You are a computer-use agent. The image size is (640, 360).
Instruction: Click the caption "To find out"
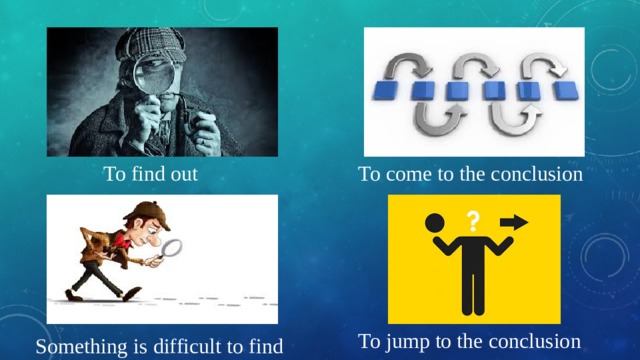[x=151, y=174]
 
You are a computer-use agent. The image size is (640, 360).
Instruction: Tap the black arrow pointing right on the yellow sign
[x=514, y=222]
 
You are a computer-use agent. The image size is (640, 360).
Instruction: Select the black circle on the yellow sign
[x=434, y=223]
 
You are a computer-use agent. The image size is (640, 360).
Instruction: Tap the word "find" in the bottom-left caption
[x=266, y=348]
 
